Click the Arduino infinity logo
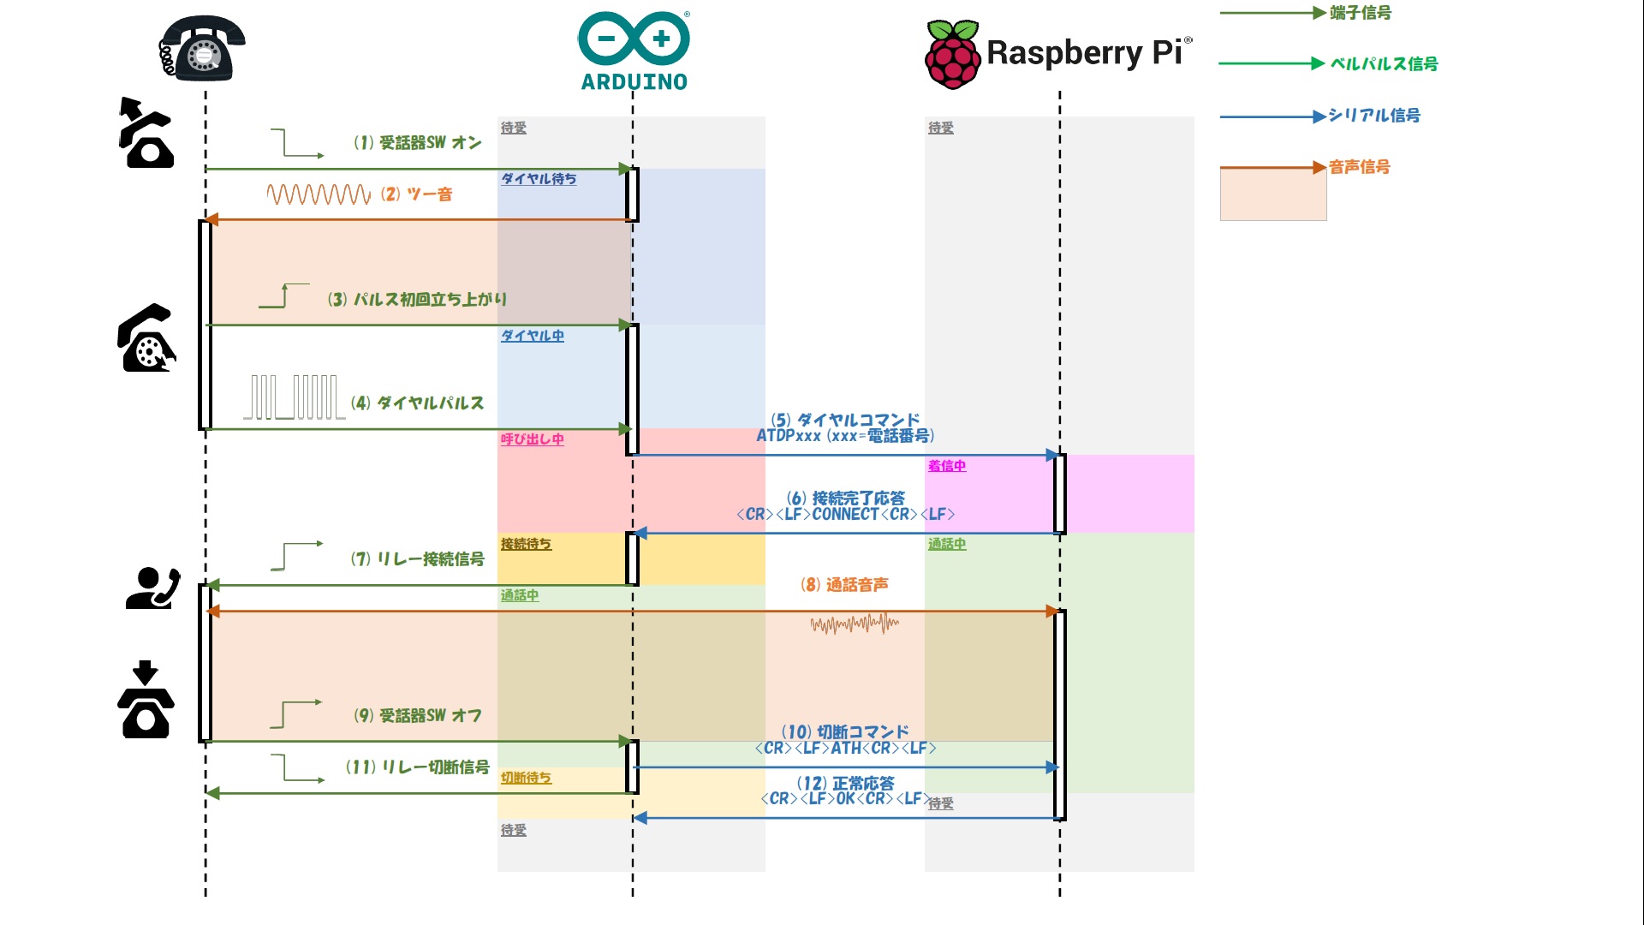pyautogui.click(x=634, y=39)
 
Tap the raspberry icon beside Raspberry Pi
pyautogui.click(x=952, y=55)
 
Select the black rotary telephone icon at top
pyautogui.click(x=202, y=48)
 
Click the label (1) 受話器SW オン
pyautogui.click(x=418, y=143)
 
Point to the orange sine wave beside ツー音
pyautogui.click(x=319, y=194)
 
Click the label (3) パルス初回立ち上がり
pyautogui.click(x=417, y=299)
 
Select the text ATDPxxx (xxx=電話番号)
pyautogui.click(x=845, y=436)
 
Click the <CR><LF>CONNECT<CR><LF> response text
pyautogui.click(x=845, y=515)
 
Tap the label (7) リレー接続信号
pyautogui.click(x=417, y=559)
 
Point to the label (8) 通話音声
pyautogui.click(x=844, y=585)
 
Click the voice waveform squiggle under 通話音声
pyautogui.click(x=855, y=624)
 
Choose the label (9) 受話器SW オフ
pyautogui.click(x=418, y=715)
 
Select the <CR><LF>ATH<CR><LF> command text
pyautogui.click(x=845, y=749)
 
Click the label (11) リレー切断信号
pyautogui.click(x=417, y=767)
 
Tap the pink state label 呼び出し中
pyautogui.click(x=532, y=439)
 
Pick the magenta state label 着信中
pyautogui.click(x=946, y=466)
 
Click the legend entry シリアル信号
pyautogui.click(x=1373, y=116)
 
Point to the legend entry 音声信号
pyautogui.click(x=1359, y=167)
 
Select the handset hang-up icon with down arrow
pyautogui.click(x=146, y=700)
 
